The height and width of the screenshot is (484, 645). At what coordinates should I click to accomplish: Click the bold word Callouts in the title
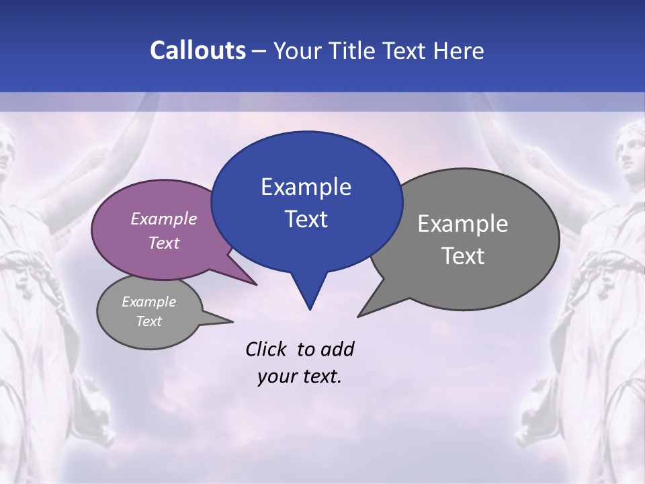[198, 50]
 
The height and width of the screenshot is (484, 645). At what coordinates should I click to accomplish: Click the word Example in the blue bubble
[306, 187]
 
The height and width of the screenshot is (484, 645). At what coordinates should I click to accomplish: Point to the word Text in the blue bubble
[306, 219]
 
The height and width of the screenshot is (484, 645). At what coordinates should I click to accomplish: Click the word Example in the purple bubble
[164, 218]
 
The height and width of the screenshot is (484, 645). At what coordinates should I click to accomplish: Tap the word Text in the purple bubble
[164, 243]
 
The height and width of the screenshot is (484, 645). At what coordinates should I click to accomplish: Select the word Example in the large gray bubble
[463, 224]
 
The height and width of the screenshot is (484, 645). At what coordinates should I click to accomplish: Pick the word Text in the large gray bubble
[463, 256]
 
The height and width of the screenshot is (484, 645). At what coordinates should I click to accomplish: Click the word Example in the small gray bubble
[148, 302]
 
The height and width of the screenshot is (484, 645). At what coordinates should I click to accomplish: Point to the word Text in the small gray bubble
[148, 321]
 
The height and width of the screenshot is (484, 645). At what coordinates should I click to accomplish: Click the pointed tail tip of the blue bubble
[310, 309]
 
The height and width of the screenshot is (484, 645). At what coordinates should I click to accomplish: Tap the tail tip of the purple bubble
[256, 284]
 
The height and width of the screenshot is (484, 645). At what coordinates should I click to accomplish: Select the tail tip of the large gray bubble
[358, 316]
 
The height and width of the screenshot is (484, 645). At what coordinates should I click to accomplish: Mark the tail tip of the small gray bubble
[232, 321]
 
